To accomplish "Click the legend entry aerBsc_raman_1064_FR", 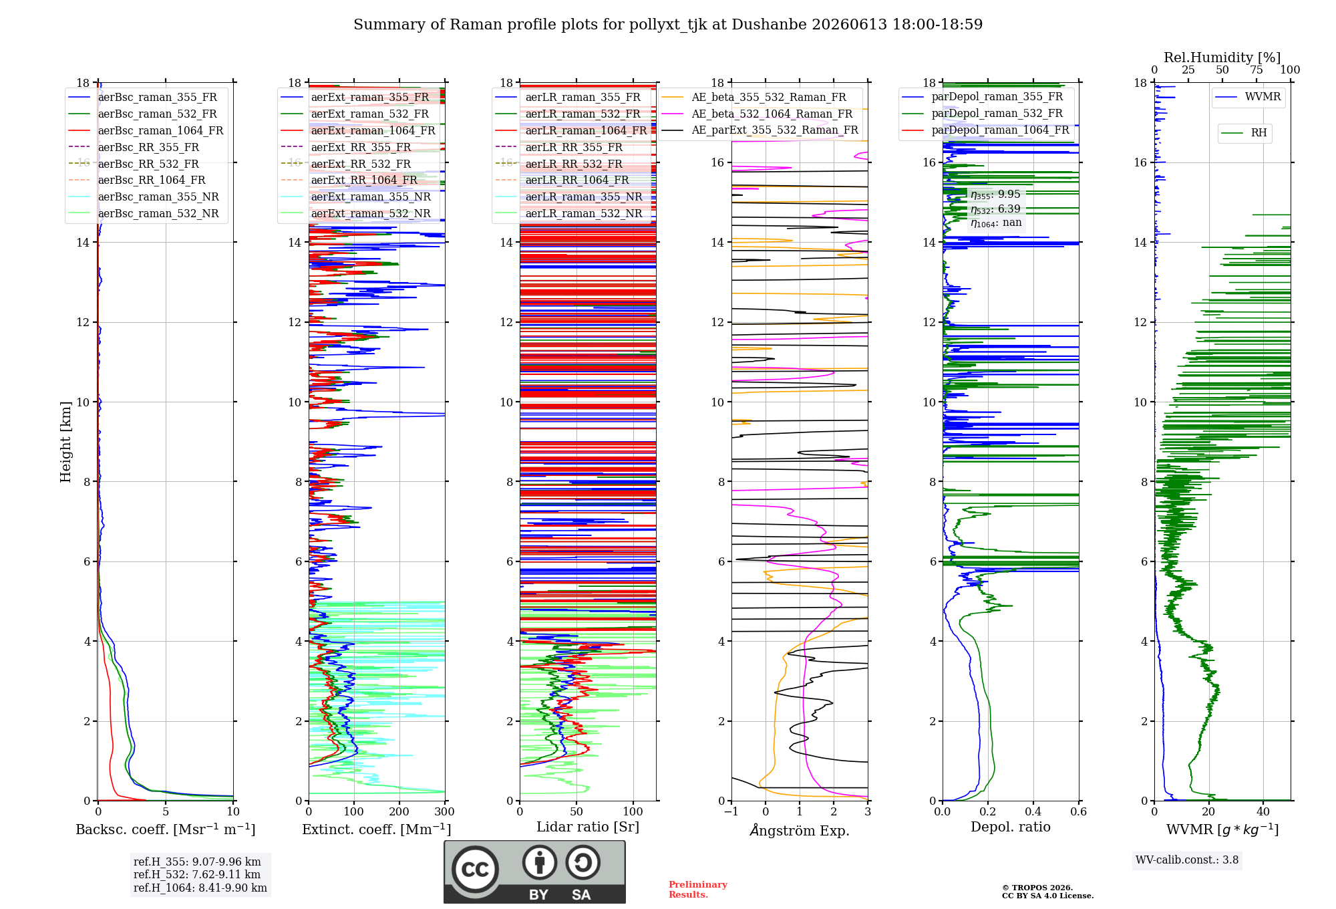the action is (x=146, y=130).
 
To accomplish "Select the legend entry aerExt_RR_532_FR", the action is (x=346, y=164).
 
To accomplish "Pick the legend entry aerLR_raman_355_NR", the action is (x=568, y=197).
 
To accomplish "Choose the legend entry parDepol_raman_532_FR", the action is (x=983, y=114).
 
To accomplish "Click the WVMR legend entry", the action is (x=1248, y=97).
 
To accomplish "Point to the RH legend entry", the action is (x=1244, y=133).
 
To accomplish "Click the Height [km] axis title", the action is (x=65, y=442).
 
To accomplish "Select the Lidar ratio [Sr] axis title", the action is (x=588, y=827).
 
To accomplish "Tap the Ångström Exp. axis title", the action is (x=800, y=830).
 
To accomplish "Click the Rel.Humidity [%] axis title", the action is (x=1222, y=57).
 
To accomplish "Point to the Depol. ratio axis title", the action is (x=1011, y=827).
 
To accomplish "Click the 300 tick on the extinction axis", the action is (x=444, y=811).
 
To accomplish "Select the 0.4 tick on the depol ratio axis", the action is (x=1033, y=811).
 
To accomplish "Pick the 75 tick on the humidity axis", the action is (x=1257, y=70).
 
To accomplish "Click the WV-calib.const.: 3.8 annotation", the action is (x=1187, y=860).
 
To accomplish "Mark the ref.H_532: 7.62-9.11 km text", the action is (x=197, y=874).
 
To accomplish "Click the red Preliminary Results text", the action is (x=698, y=890).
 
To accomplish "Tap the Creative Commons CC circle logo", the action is (x=475, y=869).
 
